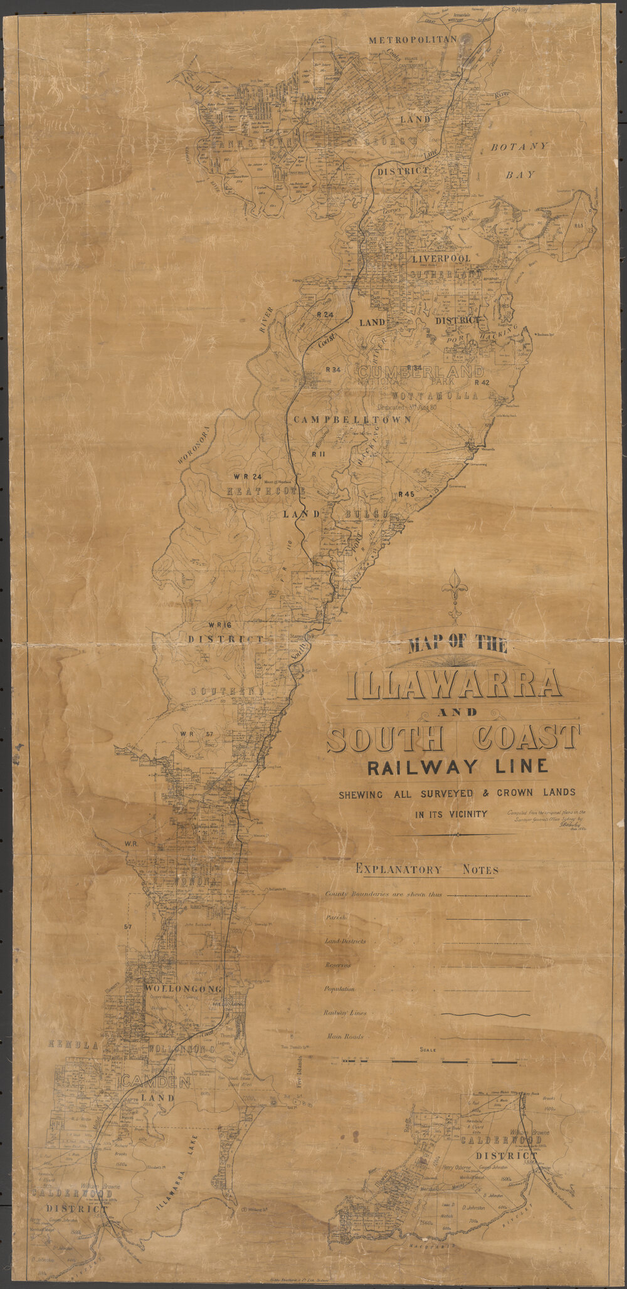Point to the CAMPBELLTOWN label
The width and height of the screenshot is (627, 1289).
coord(350,419)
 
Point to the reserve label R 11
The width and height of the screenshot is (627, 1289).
coord(317,453)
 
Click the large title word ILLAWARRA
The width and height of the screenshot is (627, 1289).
coord(454,683)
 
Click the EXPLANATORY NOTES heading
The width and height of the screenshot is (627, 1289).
coord(427,870)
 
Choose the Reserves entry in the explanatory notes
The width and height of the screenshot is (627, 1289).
coord(339,965)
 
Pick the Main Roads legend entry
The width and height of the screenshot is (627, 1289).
coord(344,1037)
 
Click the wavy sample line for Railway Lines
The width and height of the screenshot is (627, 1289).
coord(485,1014)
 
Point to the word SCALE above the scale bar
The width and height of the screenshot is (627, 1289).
coord(429,1050)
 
